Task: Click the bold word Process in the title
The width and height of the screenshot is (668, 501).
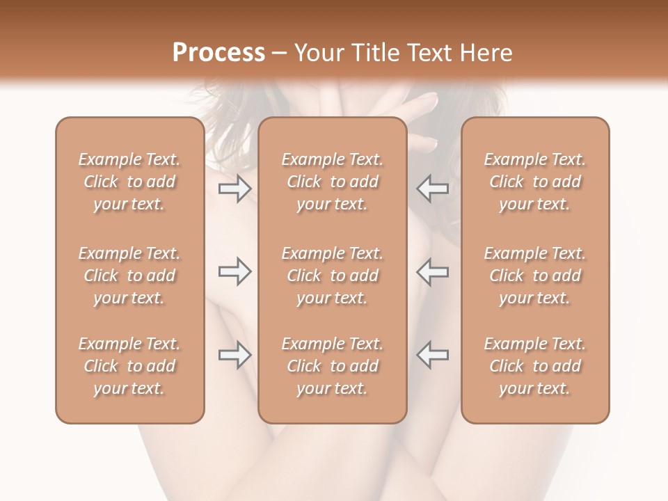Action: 218,53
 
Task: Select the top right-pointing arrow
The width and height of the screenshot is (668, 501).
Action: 234,188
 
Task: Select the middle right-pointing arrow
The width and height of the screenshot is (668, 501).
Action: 234,271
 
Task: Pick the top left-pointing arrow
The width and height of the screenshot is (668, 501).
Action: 432,188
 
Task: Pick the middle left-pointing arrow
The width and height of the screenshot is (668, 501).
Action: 432,271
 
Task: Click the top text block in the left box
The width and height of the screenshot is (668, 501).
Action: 129,182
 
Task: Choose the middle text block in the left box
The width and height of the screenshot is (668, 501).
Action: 129,276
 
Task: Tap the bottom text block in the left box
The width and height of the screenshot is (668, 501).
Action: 129,366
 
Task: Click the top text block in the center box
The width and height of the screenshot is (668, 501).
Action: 333,182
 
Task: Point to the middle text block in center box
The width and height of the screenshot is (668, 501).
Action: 333,276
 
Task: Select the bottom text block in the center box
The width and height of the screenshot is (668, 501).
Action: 333,366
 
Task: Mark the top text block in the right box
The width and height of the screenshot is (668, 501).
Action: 535,182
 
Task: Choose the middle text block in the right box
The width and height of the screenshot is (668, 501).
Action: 535,276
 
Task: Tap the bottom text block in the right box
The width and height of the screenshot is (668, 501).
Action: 535,366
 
